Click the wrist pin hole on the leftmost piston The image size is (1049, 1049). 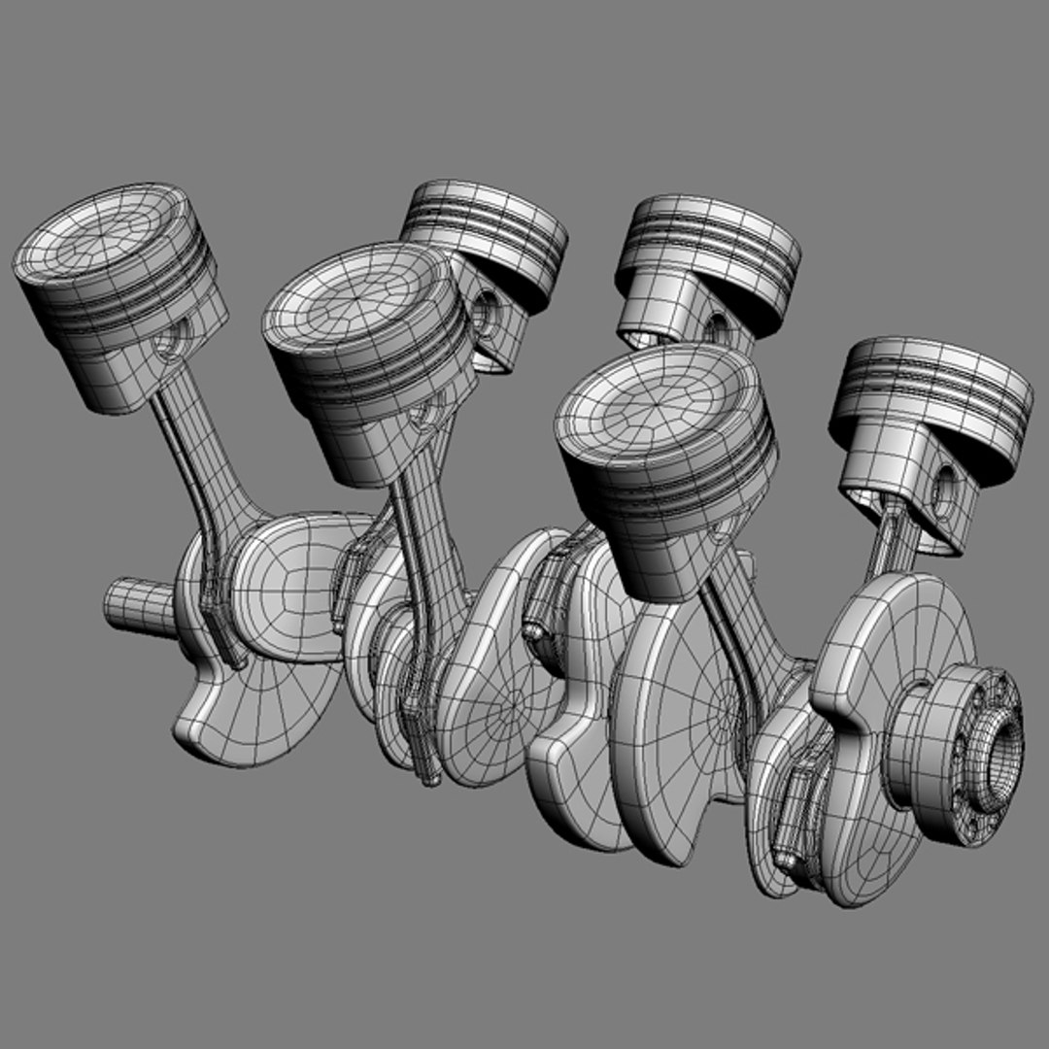(x=175, y=341)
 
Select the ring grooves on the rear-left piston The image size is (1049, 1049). (x=486, y=233)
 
